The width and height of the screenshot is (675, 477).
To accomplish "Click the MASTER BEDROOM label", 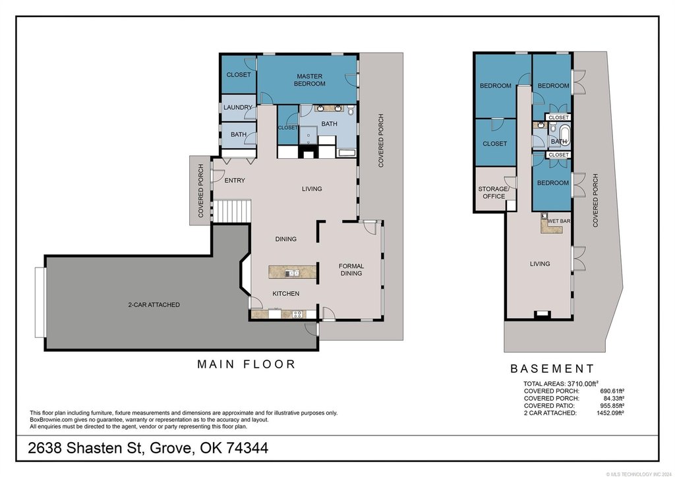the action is click(x=310, y=80).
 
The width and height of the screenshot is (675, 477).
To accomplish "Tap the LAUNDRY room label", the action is click(x=237, y=107).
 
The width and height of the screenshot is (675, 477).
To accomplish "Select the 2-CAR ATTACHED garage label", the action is click(x=154, y=304).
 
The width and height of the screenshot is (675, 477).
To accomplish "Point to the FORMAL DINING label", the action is click(x=351, y=269).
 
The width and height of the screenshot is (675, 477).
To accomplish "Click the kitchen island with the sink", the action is click(x=292, y=272).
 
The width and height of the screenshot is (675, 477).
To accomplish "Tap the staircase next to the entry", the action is click(x=233, y=211).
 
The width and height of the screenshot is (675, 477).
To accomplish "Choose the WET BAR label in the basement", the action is click(x=559, y=221).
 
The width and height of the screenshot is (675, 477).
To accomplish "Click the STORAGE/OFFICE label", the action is click(x=493, y=192).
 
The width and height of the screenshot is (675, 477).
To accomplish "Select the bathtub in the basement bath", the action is click(x=564, y=135).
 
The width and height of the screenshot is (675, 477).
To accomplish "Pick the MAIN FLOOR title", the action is click(x=247, y=364).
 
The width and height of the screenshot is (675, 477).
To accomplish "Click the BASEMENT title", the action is click(x=552, y=368).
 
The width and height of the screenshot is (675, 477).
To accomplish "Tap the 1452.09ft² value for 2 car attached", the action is click(x=610, y=413).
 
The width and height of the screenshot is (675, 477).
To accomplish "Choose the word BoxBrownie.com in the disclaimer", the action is click(x=48, y=420).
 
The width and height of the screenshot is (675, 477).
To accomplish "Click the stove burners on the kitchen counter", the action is click(x=297, y=314).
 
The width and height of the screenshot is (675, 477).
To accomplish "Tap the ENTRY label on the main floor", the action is click(x=235, y=181).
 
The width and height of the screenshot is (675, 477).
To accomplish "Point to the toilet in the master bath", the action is click(x=351, y=110).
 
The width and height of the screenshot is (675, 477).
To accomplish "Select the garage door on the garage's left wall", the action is click(x=40, y=302).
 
